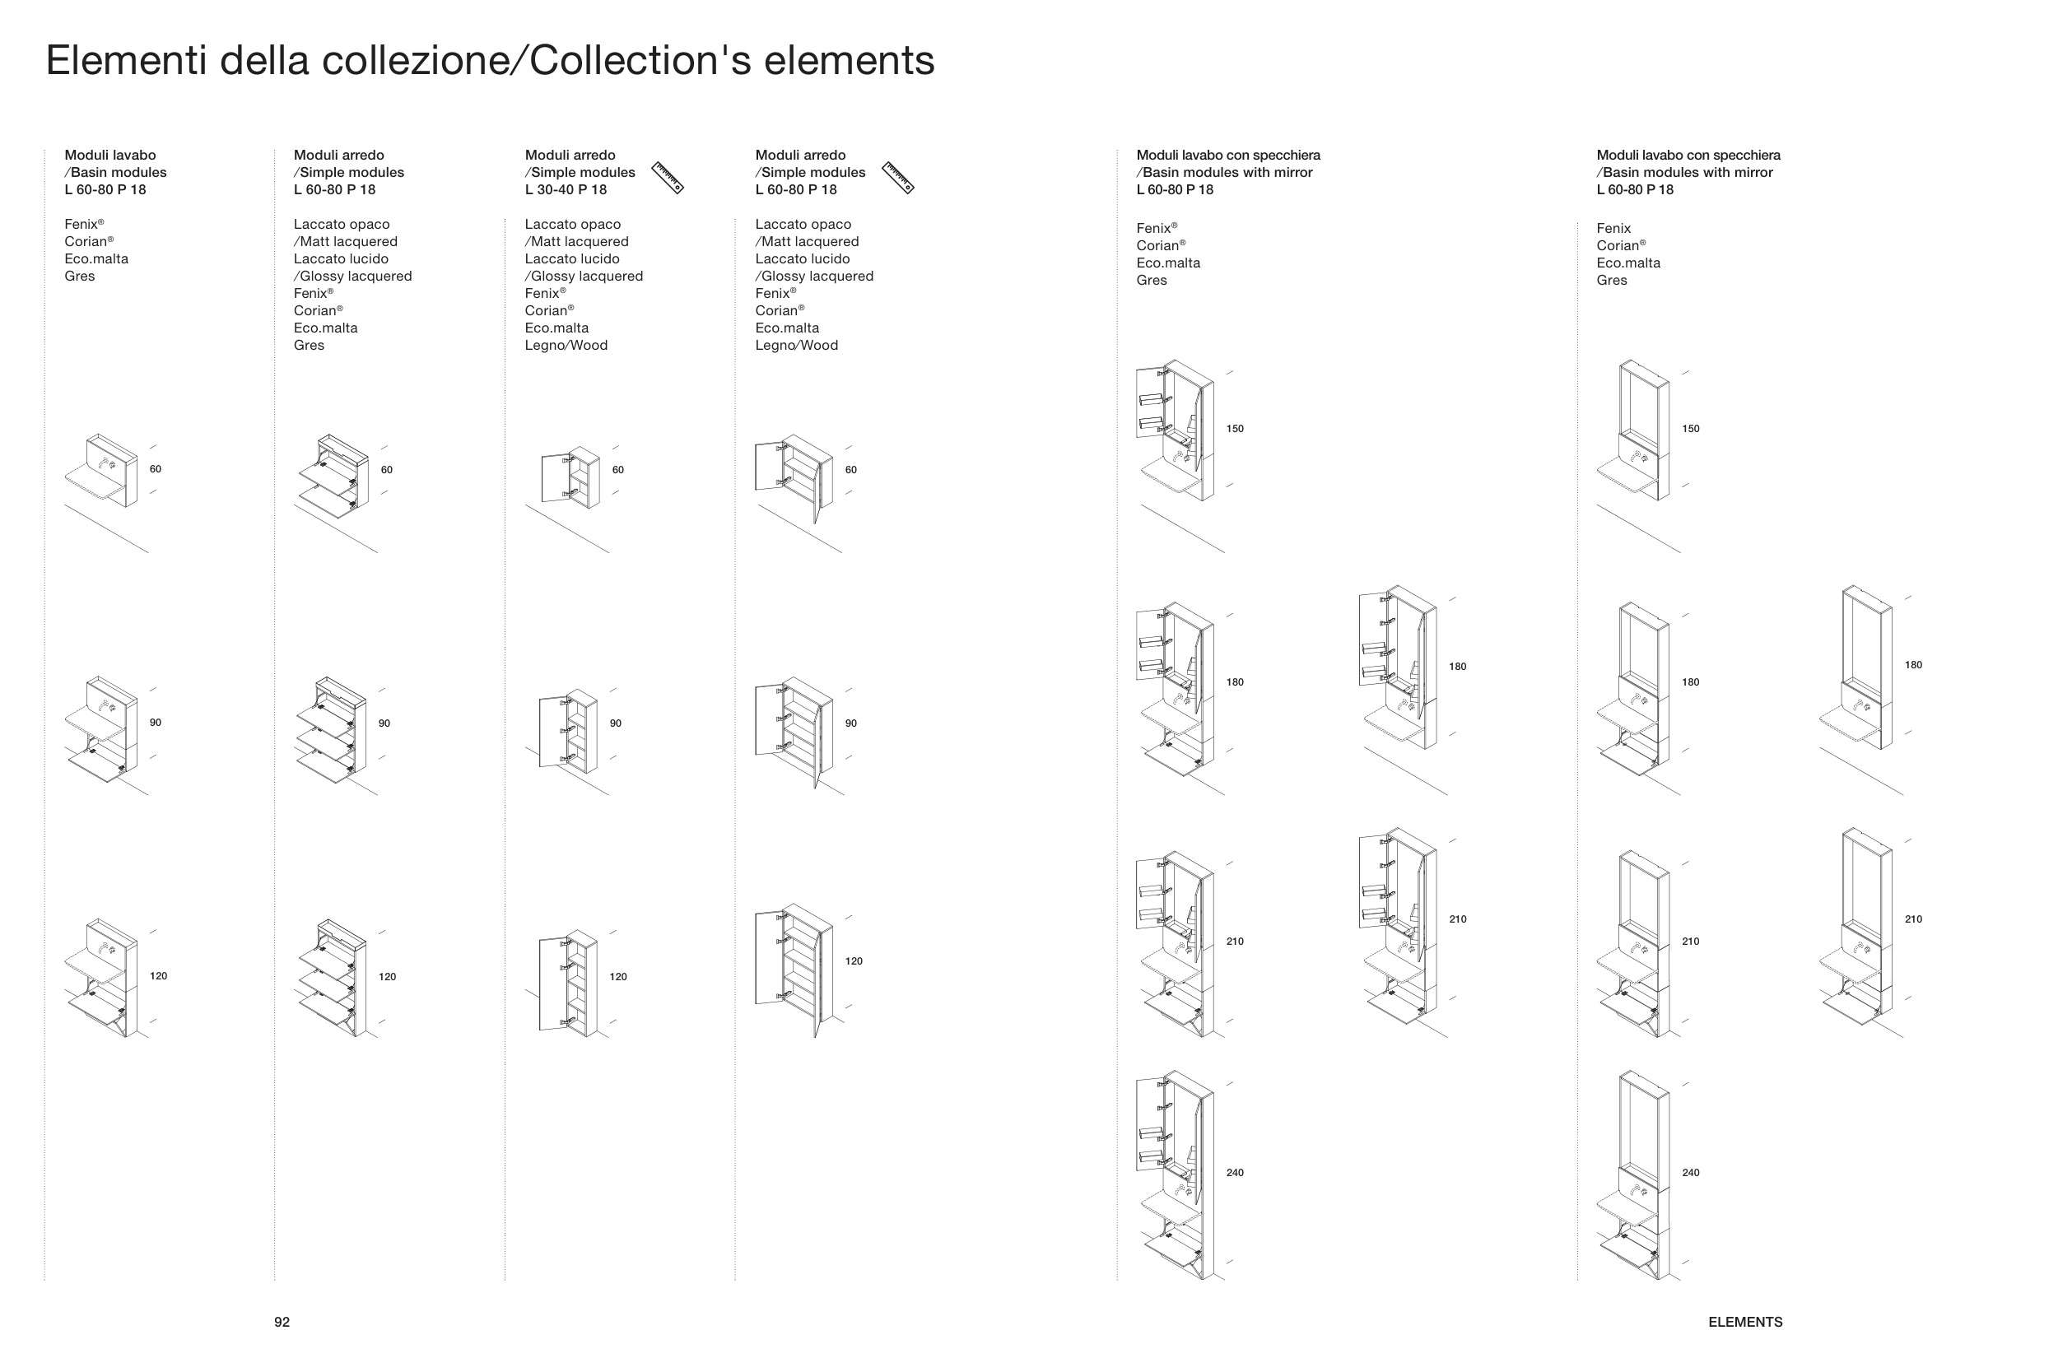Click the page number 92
click(x=282, y=1322)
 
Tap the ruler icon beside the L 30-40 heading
click(x=668, y=177)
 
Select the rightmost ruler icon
click(x=898, y=177)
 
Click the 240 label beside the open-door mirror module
click(x=1235, y=1173)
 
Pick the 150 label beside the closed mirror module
click(x=1691, y=429)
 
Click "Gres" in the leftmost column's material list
click(x=80, y=277)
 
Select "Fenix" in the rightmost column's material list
click(x=1613, y=228)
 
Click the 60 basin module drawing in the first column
click(x=101, y=470)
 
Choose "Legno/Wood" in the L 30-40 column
click(x=566, y=346)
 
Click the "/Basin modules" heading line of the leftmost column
click(x=115, y=172)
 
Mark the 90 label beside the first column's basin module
click(x=155, y=723)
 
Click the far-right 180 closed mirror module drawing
click(x=1855, y=667)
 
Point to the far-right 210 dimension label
click(x=1914, y=919)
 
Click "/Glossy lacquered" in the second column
click(x=352, y=277)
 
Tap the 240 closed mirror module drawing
click(x=1632, y=1174)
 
